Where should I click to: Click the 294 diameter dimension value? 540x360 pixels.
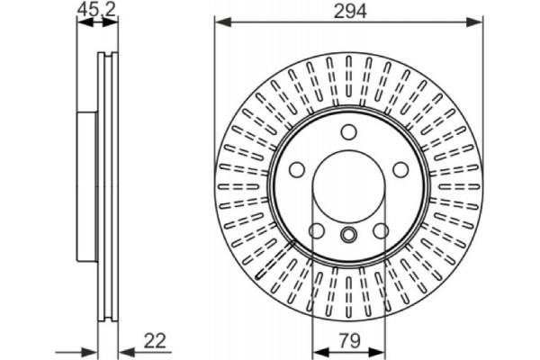(350, 11)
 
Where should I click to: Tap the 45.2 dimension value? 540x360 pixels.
(97, 9)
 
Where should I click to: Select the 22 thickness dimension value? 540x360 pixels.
(155, 340)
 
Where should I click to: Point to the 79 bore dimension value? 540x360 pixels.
(349, 340)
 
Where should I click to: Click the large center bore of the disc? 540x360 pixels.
(348, 186)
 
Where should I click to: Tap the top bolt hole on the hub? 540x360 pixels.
(348, 132)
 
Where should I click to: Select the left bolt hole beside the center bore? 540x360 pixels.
(297, 170)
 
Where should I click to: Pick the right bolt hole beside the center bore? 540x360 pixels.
(400, 170)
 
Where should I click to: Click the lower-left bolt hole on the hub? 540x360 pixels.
(317, 230)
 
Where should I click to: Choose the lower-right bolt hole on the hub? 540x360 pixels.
(381, 230)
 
